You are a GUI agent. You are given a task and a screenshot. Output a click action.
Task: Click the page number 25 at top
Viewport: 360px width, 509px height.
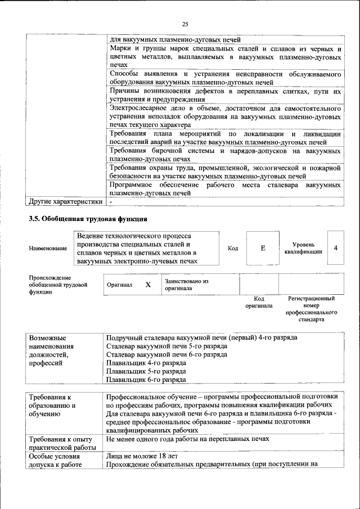[185, 24]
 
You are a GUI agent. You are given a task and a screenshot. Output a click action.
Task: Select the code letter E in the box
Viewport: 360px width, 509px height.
[263, 248]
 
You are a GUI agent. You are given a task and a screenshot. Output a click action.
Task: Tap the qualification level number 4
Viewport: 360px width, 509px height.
[335, 248]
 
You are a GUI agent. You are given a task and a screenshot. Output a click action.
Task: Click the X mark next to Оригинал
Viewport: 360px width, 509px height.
[148, 285]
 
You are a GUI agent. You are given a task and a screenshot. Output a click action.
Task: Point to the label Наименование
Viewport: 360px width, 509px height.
[47, 248]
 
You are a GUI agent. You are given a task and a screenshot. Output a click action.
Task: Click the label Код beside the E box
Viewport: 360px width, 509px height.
[232, 248]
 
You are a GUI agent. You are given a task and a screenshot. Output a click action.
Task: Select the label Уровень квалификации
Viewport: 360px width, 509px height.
[303, 248]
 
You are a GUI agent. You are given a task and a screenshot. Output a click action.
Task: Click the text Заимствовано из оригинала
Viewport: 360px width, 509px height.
[186, 285]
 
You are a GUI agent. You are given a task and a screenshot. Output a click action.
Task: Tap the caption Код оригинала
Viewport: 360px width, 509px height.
[259, 302]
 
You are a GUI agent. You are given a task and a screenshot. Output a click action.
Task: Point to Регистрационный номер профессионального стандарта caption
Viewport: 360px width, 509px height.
[312, 309]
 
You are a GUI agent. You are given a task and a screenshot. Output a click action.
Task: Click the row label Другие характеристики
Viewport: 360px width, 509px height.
[65, 201]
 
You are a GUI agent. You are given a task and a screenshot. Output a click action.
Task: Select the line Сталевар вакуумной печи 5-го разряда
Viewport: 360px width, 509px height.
[159, 346]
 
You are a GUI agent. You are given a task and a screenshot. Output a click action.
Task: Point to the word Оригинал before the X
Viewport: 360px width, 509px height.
[119, 285]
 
